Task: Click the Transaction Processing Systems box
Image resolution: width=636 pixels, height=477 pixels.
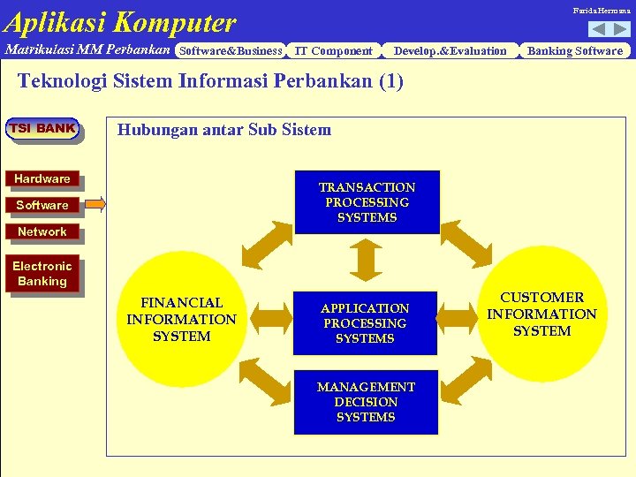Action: (x=367, y=202)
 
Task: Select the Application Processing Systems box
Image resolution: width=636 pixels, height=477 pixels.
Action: (x=365, y=322)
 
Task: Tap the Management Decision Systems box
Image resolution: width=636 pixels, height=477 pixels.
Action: (x=366, y=402)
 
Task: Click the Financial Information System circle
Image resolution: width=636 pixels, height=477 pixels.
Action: (x=181, y=319)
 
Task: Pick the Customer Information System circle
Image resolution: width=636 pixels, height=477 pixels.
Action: (x=542, y=314)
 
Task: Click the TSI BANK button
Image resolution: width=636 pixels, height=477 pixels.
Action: (x=42, y=129)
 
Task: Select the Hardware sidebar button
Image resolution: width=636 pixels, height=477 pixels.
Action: (x=42, y=178)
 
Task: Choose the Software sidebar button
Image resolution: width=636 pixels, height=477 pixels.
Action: (x=42, y=205)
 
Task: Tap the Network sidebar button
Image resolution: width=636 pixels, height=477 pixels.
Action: (x=42, y=231)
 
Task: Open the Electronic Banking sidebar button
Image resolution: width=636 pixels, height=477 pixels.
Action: (x=42, y=273)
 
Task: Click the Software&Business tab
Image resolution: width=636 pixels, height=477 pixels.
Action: (x=231, y=50)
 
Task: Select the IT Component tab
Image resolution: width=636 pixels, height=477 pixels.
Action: (x=333, y=50)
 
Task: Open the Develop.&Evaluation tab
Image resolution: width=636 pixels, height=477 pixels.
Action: (x=450, y=50)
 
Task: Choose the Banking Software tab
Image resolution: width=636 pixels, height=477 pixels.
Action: (x=575, y=50)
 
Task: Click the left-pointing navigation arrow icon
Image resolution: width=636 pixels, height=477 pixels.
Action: (x=598, y=29)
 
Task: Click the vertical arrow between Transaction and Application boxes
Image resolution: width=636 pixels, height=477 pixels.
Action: (x=365, y=261)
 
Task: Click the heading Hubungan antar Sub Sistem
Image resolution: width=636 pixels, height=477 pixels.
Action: (x=224, y=130)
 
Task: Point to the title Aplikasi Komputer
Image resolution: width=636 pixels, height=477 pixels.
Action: (x=120, y=21)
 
